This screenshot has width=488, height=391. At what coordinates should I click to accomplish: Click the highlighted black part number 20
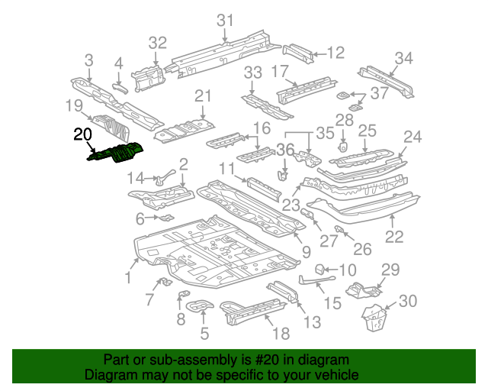pos(82,136)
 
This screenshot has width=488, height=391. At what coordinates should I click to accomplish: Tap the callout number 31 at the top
pos(224,21)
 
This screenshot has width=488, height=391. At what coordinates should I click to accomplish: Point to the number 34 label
pos(404,58)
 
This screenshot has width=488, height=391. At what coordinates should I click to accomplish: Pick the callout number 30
pos(408,301)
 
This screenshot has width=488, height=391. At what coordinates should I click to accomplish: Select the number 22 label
pos(393,237)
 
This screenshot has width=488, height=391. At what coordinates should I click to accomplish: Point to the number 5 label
pos(204,333)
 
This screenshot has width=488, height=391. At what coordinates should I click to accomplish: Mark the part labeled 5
pos(200,308)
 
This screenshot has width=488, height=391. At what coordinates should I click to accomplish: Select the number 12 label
pos(336,52)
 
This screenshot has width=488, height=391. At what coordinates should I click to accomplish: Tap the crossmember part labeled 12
pos(300,53)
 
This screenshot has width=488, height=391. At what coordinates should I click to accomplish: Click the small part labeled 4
pos(120,86)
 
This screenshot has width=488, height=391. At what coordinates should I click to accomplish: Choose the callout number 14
pos(135,179)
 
